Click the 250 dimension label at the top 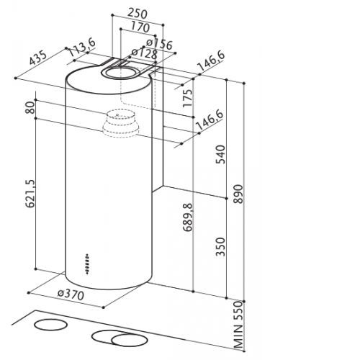(137, 13)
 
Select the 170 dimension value (140, 27)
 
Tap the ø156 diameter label (159, 44)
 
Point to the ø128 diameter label (145, 54)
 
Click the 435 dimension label (38, 58)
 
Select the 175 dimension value (187, 98)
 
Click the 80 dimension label (30, 107)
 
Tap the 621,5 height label (30, 193)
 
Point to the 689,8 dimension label (188, 217)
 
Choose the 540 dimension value (220, 154)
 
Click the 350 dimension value (220, 247)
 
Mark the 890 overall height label (238, 194)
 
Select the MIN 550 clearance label (238, 325)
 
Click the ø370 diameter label (71, 294)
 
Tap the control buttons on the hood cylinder (87, 264)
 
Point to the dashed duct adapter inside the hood (121, 124)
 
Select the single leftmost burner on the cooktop (51, 325)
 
